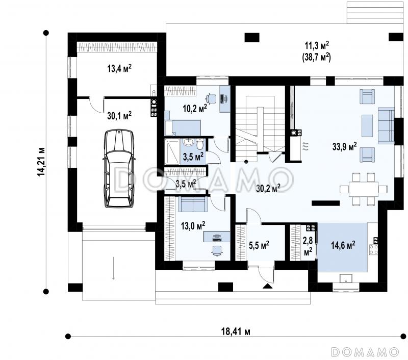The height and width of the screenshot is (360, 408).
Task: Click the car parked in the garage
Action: tap(119, 169)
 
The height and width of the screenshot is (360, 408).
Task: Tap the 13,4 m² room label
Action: tap(119, 68)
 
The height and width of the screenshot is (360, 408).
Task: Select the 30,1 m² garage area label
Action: tap(119, 115)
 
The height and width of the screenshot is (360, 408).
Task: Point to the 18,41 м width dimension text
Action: tap(236, 331)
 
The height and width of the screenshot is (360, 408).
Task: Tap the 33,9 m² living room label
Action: tap(345, 146)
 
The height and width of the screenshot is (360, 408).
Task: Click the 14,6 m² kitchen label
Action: tap(343, 245)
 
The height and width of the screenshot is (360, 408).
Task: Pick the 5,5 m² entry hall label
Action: tap(259, 245)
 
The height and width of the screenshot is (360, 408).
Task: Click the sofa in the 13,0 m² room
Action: tap(193, 204)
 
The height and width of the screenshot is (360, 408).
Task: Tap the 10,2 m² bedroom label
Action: tap(195, 108)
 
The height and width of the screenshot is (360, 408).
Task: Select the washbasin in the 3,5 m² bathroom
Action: tap(188, 142)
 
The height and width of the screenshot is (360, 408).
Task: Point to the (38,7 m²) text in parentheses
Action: tap(316, 57)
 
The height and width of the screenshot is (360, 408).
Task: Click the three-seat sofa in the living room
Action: tap(386, 125)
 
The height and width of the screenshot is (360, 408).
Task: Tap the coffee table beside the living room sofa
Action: tap(367, 126)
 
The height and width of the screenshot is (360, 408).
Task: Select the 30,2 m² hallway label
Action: tap(268, 188)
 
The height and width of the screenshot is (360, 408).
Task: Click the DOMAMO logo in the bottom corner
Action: tap(365, 352)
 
